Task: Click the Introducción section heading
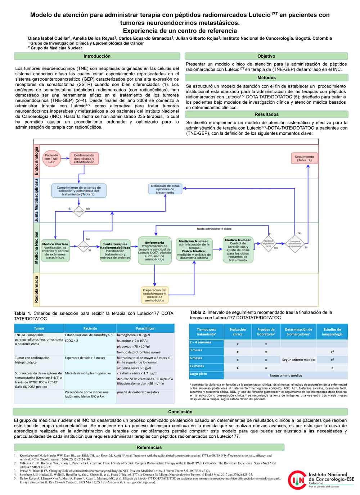pyautogui.click(x=97, y=56)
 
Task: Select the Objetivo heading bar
pyautogui.click(x=266, y=56)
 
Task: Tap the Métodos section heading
pyautogui.click(x=266, y=78)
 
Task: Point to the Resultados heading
pyautogui.click(x=266, y=114)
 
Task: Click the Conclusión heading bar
pyautogui.click(x=180, y=412)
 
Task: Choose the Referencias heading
pyautogui.click(x=149, y=447)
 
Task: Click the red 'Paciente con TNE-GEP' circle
pyautogui.click(x=51, y=159)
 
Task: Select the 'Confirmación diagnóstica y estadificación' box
pyautogui.click(x=84, y=159)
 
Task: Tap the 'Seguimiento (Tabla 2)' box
pyautogui.click(x=304, y=158)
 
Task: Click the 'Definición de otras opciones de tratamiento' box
pyautogui.click(x=165, y=189)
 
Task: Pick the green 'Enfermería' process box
pyautogui.click(x=154, y=250)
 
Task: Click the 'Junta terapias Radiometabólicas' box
pyautogui.click(x=115, y=250)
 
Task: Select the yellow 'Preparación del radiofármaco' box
pyautogui.click(x=154, y=295)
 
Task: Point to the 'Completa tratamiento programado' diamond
pyautogui.click(x=295, y=244)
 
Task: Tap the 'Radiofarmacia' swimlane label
pyautogui.click(x=36, y=289)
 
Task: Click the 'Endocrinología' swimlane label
pyautogui.click(x=36, y=161)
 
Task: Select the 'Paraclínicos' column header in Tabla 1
pyautogui.click(x=145, y=328)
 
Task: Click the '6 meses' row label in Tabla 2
pyautogui.click(x=197, y=358)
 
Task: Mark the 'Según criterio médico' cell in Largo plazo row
pyautogui.click(x=286, y=375)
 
